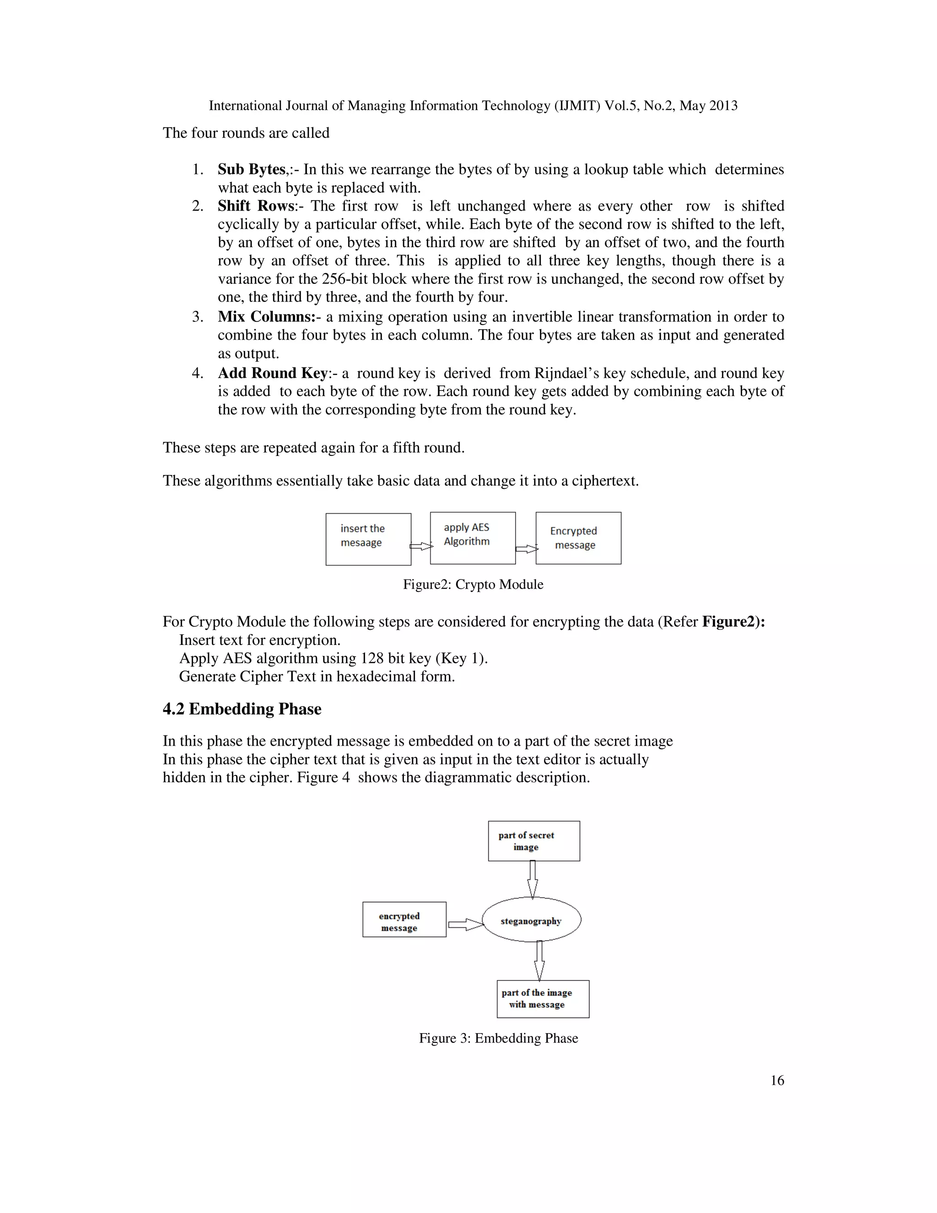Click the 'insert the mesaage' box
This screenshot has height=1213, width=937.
click(x=368, y=539)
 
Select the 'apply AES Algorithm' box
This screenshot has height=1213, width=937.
click(x=472, y=538)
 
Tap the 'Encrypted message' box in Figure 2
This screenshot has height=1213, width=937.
click(x=578, y=538)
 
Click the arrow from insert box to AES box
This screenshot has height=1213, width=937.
click(x=421, y=547)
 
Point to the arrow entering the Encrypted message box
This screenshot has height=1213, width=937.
click(x=526, y=549)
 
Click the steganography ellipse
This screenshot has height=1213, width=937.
click(x=531, y=921)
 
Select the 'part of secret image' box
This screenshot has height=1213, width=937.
click(x=533, y=841)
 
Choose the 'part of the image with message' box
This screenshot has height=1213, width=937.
click(x=542, y=999)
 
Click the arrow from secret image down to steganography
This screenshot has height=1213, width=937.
click(x=533, y=879)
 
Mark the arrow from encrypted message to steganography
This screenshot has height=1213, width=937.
click(x=465, y=925)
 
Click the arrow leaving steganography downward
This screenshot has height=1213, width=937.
click(x=539, y=961)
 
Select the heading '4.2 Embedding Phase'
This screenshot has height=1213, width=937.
click(x=242, y=709)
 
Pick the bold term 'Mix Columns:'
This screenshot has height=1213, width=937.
click(x=266, y=317)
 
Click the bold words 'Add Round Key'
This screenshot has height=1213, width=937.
click(x=273, y=373)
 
